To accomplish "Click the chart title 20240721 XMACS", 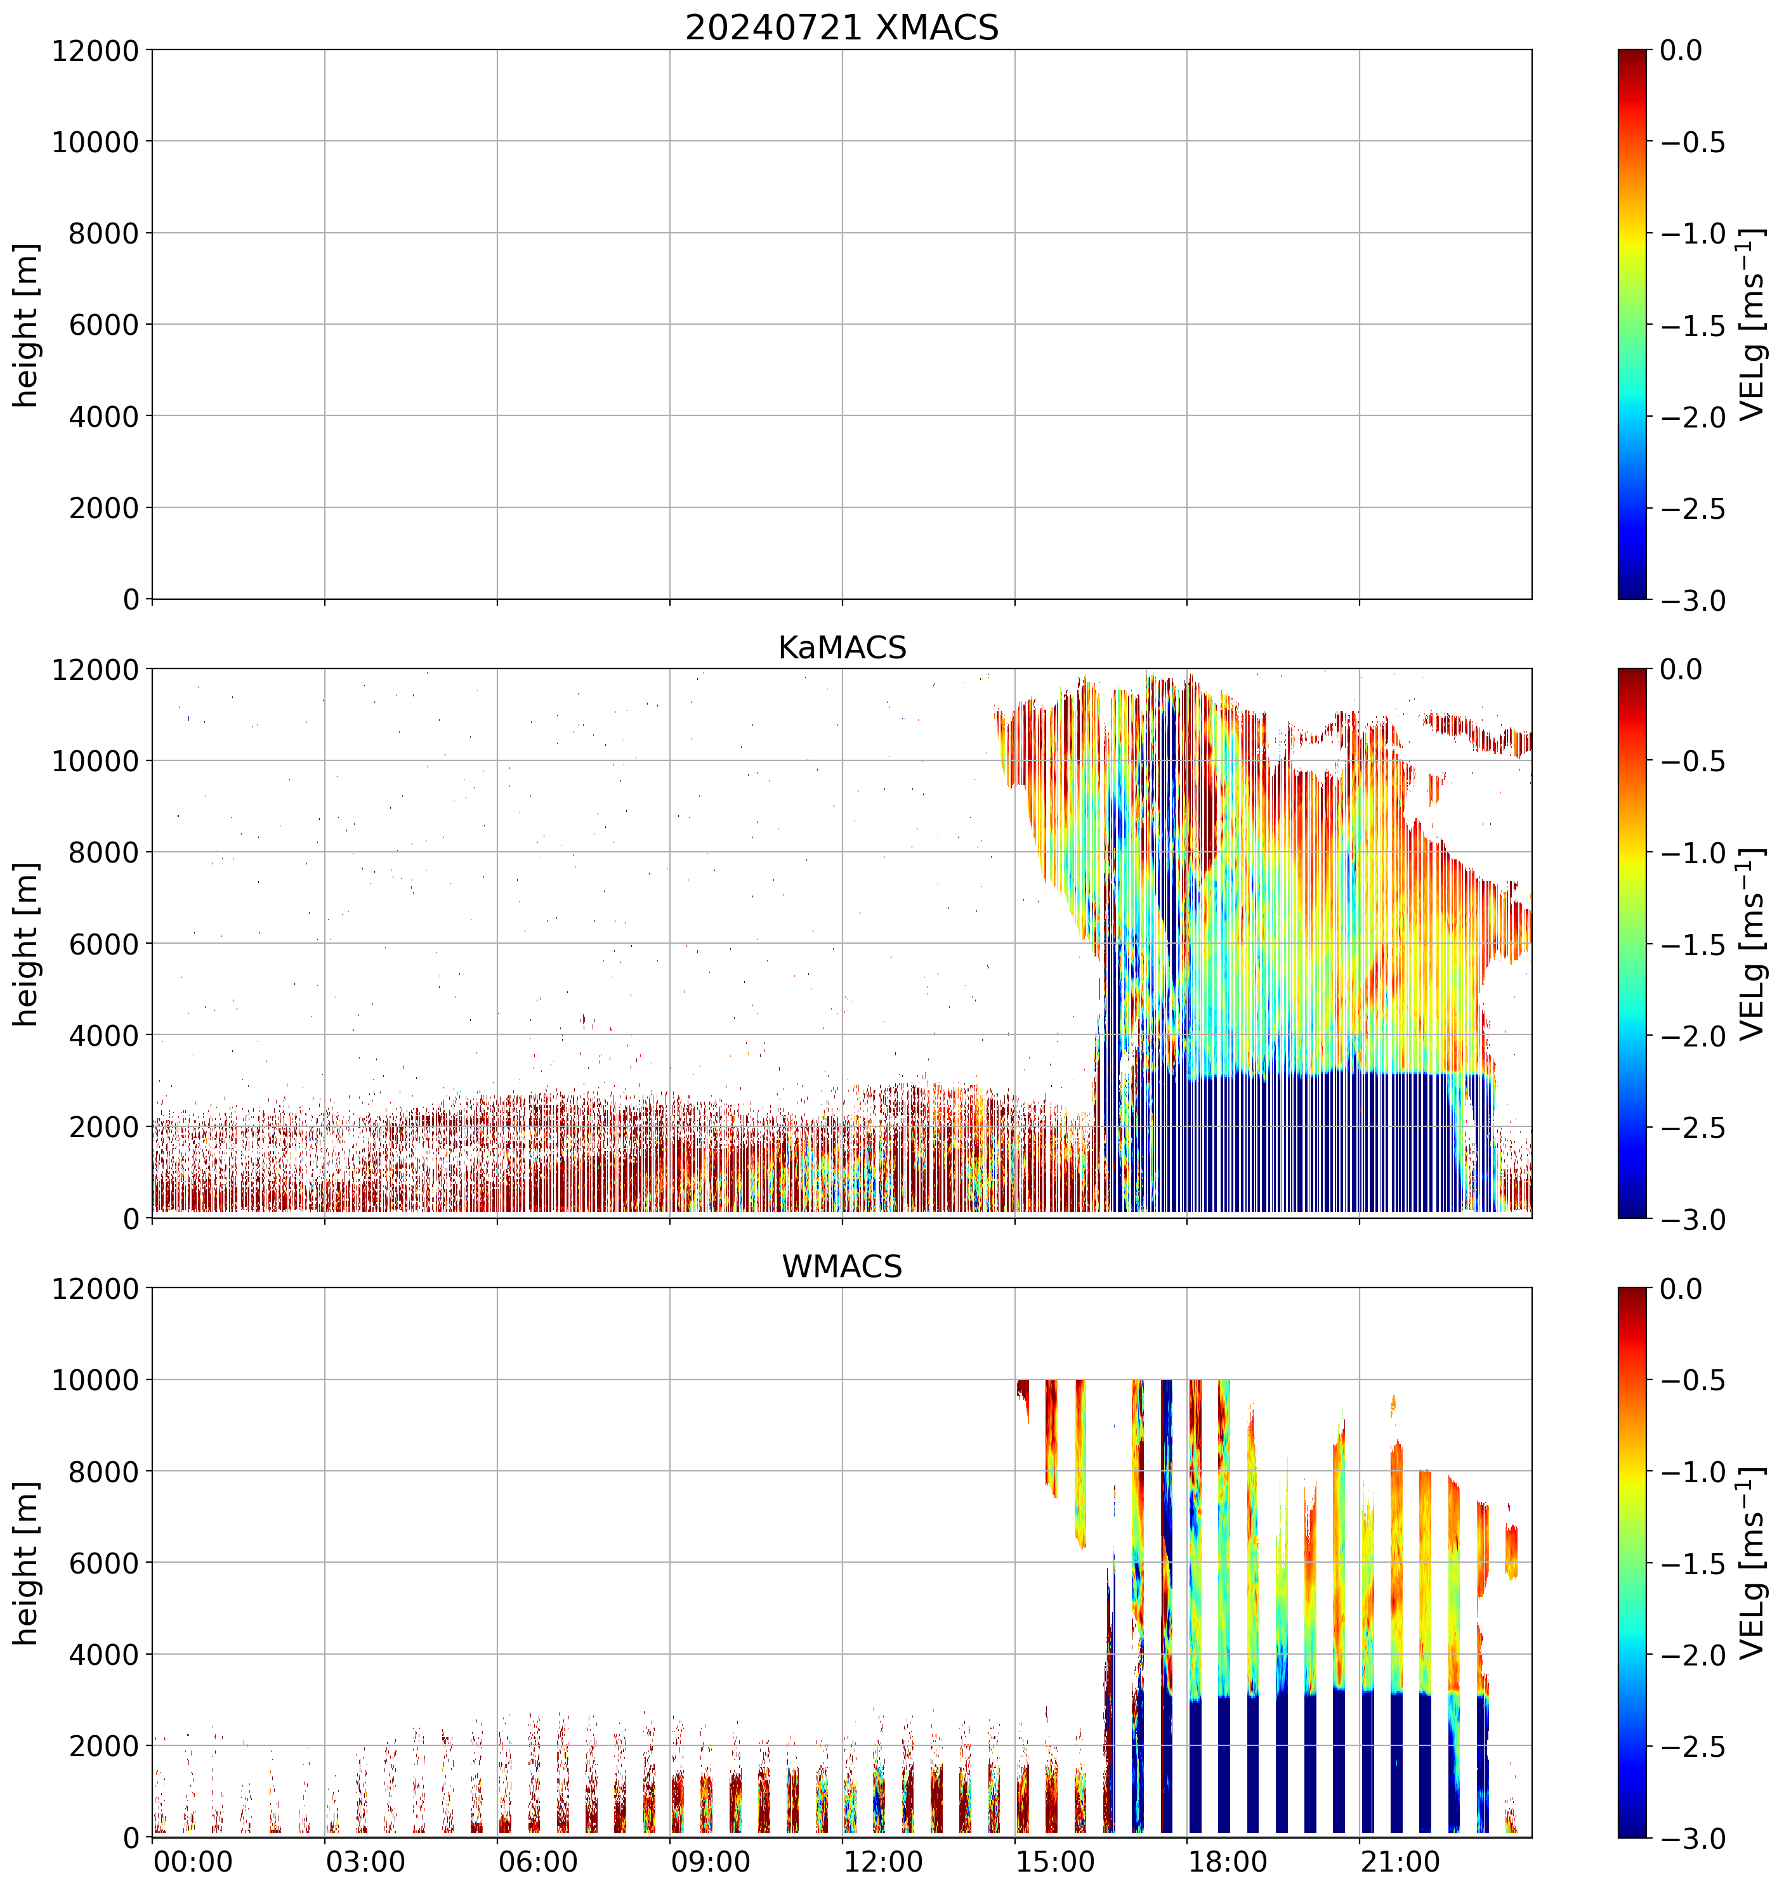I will tap(842, 27).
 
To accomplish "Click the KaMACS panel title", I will tap(842, 648).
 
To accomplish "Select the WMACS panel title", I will tap(842, 1267).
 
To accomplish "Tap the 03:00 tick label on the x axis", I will tap(365, 1861).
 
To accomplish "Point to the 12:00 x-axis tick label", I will tap(884, 1861).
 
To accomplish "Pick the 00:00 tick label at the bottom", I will tap(193, 1861).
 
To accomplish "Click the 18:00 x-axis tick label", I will tap(1228, 1861).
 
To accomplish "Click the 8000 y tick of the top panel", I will tap(103, 233).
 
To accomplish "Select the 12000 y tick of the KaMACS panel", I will tap(95, 669).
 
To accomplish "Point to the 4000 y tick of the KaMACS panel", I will tap(103, 1035).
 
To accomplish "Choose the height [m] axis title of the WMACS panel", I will tap(27, 1563).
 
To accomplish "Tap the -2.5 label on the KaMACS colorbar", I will tap(1693, 1128).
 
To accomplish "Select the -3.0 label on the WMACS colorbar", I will tap(1693, 1839).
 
